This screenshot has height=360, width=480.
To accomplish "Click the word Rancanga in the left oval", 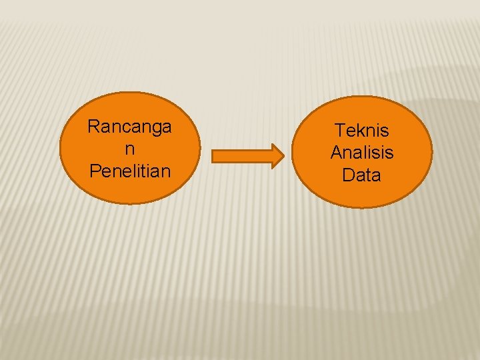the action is [x=129, y=126].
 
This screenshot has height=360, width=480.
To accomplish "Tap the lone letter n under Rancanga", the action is [x=129, y=149].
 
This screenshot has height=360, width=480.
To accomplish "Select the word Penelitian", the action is [x=129, y=171].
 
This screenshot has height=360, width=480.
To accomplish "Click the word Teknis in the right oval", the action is [x=362, y=130].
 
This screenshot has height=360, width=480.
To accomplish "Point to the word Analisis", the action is [x=362, y=153].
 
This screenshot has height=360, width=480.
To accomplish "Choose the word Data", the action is [x=362, y=175].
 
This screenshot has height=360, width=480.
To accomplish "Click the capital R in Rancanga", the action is [x=93, y=126].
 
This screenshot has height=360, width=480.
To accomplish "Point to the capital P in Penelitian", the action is [x=94, y=171].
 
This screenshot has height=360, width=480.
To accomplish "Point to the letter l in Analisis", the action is [x=364, y=153].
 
